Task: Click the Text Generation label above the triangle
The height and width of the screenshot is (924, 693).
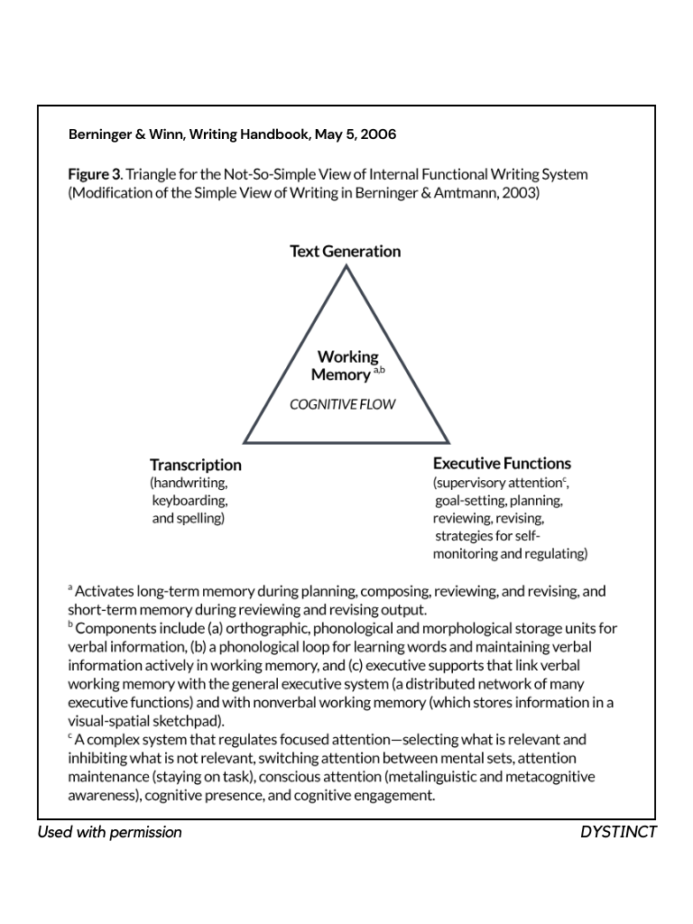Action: (345, 251)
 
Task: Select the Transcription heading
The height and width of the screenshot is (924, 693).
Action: (196, 465)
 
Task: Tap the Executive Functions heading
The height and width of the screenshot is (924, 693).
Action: (502, 464)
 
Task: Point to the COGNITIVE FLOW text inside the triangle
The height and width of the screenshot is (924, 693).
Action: (342, 405)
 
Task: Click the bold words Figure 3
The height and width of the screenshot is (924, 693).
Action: (94, 174)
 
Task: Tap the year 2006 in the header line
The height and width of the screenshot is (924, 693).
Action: (378, 135)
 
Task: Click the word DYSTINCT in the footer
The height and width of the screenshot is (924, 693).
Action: (618, 832)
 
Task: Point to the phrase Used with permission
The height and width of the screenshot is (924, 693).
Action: (109, 832)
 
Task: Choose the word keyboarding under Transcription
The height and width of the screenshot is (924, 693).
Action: (189, 500)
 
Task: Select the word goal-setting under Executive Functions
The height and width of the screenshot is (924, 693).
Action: (469, 500)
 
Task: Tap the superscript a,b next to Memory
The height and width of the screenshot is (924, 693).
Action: (379, 369)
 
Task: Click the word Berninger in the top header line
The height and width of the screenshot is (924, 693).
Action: (99, 135)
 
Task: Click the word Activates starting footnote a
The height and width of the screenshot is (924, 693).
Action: (104, 592)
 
